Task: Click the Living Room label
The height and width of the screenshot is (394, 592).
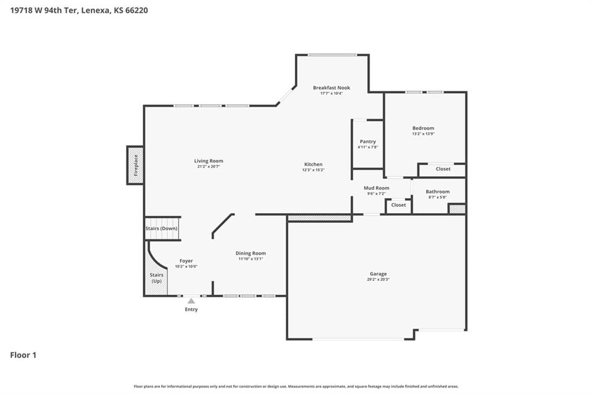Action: [x=208, y=161]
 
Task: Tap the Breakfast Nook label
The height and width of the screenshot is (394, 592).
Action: [x=331, y=88]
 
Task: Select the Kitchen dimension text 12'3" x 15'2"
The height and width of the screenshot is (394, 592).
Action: [x=313, y=170]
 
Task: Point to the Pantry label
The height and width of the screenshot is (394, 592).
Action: [x=368, y=142]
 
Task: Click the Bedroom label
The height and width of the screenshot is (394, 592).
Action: [x=423, y=128]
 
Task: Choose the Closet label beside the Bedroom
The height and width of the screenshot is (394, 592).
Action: [x=443, y=169]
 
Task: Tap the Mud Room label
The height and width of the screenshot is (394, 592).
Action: [x=376, y=188]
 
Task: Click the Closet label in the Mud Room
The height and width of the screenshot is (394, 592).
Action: [x=398, y=205]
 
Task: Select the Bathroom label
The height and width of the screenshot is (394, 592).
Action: [x=438, y=191]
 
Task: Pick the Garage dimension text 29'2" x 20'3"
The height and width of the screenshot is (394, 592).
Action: [x=378, y=279]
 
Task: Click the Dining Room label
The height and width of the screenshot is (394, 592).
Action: [x=251, y=253]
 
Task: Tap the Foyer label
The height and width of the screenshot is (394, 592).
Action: [x=186, y=261]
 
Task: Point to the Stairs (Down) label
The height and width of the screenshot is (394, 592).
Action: [x=161, y=228]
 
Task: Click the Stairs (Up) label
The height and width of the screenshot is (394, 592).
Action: [x=157, y=278]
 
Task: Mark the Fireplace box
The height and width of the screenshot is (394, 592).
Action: [x=135, y=165]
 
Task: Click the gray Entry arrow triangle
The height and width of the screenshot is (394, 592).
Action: [x=191, y=301]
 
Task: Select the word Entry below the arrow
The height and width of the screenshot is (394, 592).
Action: [x=191, y=309]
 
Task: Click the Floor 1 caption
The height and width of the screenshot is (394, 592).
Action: [x=23, y=355]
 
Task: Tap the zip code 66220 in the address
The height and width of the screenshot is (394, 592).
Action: [x=136, y=10]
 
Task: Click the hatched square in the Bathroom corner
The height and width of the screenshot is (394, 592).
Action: [x=457, y=209]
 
